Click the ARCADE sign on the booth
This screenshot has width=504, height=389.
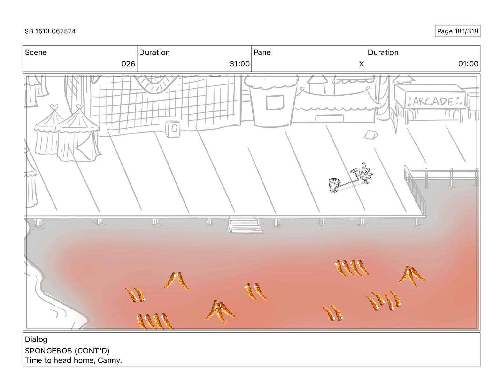pyautogui.click(x=433, y=101)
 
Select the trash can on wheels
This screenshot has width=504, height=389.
pyautogui.click(x=334, y=185)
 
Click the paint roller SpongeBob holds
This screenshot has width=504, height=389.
pyautogui.click(x=354, y=171)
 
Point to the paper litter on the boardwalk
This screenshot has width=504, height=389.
pyautogui.click(x=371, y=135)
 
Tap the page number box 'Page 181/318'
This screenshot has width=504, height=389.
pyautogui.click(x=457, y=31)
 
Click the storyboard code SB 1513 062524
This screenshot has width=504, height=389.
pyautogui.click(x=50, y=31)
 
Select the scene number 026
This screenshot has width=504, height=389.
pyautogui.click(x=128, y=64)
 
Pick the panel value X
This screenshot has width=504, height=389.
pyautogui.click(x=361, y=64)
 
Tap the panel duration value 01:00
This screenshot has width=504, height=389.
pyautogui.click(x=468, y=64)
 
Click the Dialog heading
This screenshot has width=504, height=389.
pyautogui.click(x=36, y=339)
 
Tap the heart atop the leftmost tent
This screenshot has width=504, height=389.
pyautogui.click(x=54, y=107)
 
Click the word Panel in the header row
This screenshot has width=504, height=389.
pyautogui.click(x=263, y=52)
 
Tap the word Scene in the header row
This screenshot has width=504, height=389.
pyautogui.click(x=36, y=52)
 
